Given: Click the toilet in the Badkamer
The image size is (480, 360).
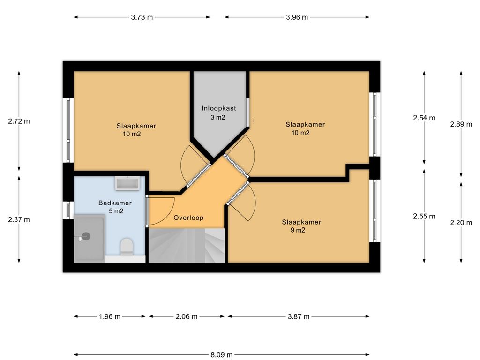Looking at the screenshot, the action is tap(127, 247).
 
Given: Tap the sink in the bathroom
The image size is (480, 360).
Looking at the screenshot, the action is tap(127, 183).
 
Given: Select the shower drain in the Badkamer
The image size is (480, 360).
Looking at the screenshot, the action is tap(86, 236).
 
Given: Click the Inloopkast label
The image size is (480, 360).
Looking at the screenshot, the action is tap(218, 108).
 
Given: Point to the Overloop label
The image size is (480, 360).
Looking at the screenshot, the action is tap(188, 217).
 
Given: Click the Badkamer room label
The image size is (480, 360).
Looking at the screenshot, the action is tap(115, 202).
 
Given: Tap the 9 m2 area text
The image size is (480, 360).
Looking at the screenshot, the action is tap(298, 230).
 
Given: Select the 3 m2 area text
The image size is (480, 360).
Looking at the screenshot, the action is tap(218, 117).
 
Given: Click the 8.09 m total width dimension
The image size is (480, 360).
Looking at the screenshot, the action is tap(221, 355).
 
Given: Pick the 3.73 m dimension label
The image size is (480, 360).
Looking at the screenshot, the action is tap(142, 17).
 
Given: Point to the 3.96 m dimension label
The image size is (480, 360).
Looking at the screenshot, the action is tap(297, 17).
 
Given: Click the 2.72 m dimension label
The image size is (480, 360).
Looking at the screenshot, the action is tap(19, 121).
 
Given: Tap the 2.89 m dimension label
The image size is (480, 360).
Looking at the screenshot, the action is tap(461, 124).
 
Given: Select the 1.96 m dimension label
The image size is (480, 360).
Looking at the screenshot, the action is tap(110, 316).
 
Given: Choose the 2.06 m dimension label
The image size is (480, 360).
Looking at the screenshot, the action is tap(187, 316).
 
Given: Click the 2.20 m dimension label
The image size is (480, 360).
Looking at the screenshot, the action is tap(461, 223).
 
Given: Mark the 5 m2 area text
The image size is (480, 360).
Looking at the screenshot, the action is tap(116, 211).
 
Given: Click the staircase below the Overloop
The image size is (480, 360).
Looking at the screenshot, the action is tap(187, 245).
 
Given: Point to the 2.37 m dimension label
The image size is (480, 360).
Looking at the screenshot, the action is tap(19, 219).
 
